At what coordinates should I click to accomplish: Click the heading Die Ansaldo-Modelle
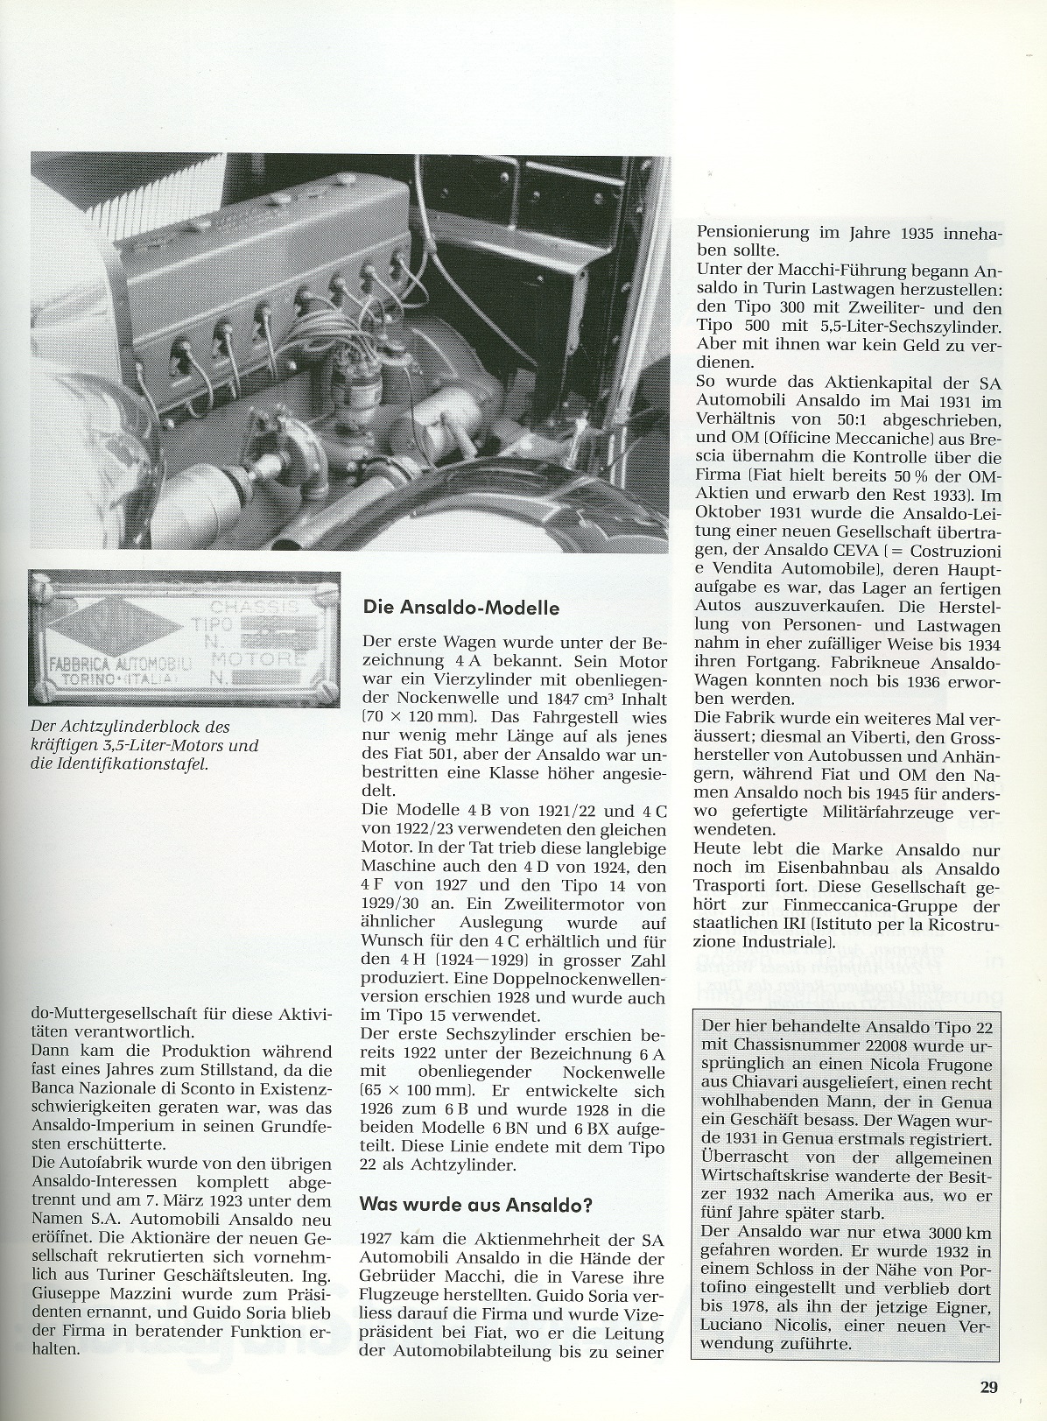pyautogui.click(x=460, y=608)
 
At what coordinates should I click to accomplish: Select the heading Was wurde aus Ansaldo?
pyautogui.click(x=476, y=1205)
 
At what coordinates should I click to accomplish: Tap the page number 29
pyautogui.click(x=988, y=1387)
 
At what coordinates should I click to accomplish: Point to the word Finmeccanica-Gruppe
pyautogui.click(x=863, y=906)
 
